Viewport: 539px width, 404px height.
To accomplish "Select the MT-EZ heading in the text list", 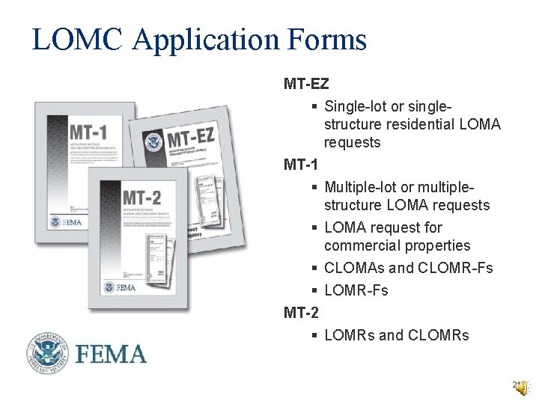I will pyautogui.click(x=306, y=83).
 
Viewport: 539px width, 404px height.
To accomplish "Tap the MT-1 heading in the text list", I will pyautogui.click(x=302, y=165).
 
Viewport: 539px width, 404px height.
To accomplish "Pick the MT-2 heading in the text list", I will pyautogui.click(x=302, y=313).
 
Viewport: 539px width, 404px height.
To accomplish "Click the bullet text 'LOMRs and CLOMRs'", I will pyautogui.click(x=397, y=335).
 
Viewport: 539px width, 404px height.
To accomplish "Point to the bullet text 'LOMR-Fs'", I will pyautogui.click(x=356, y=290).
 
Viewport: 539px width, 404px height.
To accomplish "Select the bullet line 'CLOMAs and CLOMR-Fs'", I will pyautogui.click(x=409, y=268).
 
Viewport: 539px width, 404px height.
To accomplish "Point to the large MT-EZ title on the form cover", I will pyautogui.click(x=198, y=138).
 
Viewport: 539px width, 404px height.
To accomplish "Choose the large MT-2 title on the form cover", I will pyautogui.click(x=142, y=198).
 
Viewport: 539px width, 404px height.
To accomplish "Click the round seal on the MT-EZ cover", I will pyautogui.click(x=155, y=141).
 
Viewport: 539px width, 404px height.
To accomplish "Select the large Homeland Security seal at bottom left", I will pyautogui.click(x=49, y=353).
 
